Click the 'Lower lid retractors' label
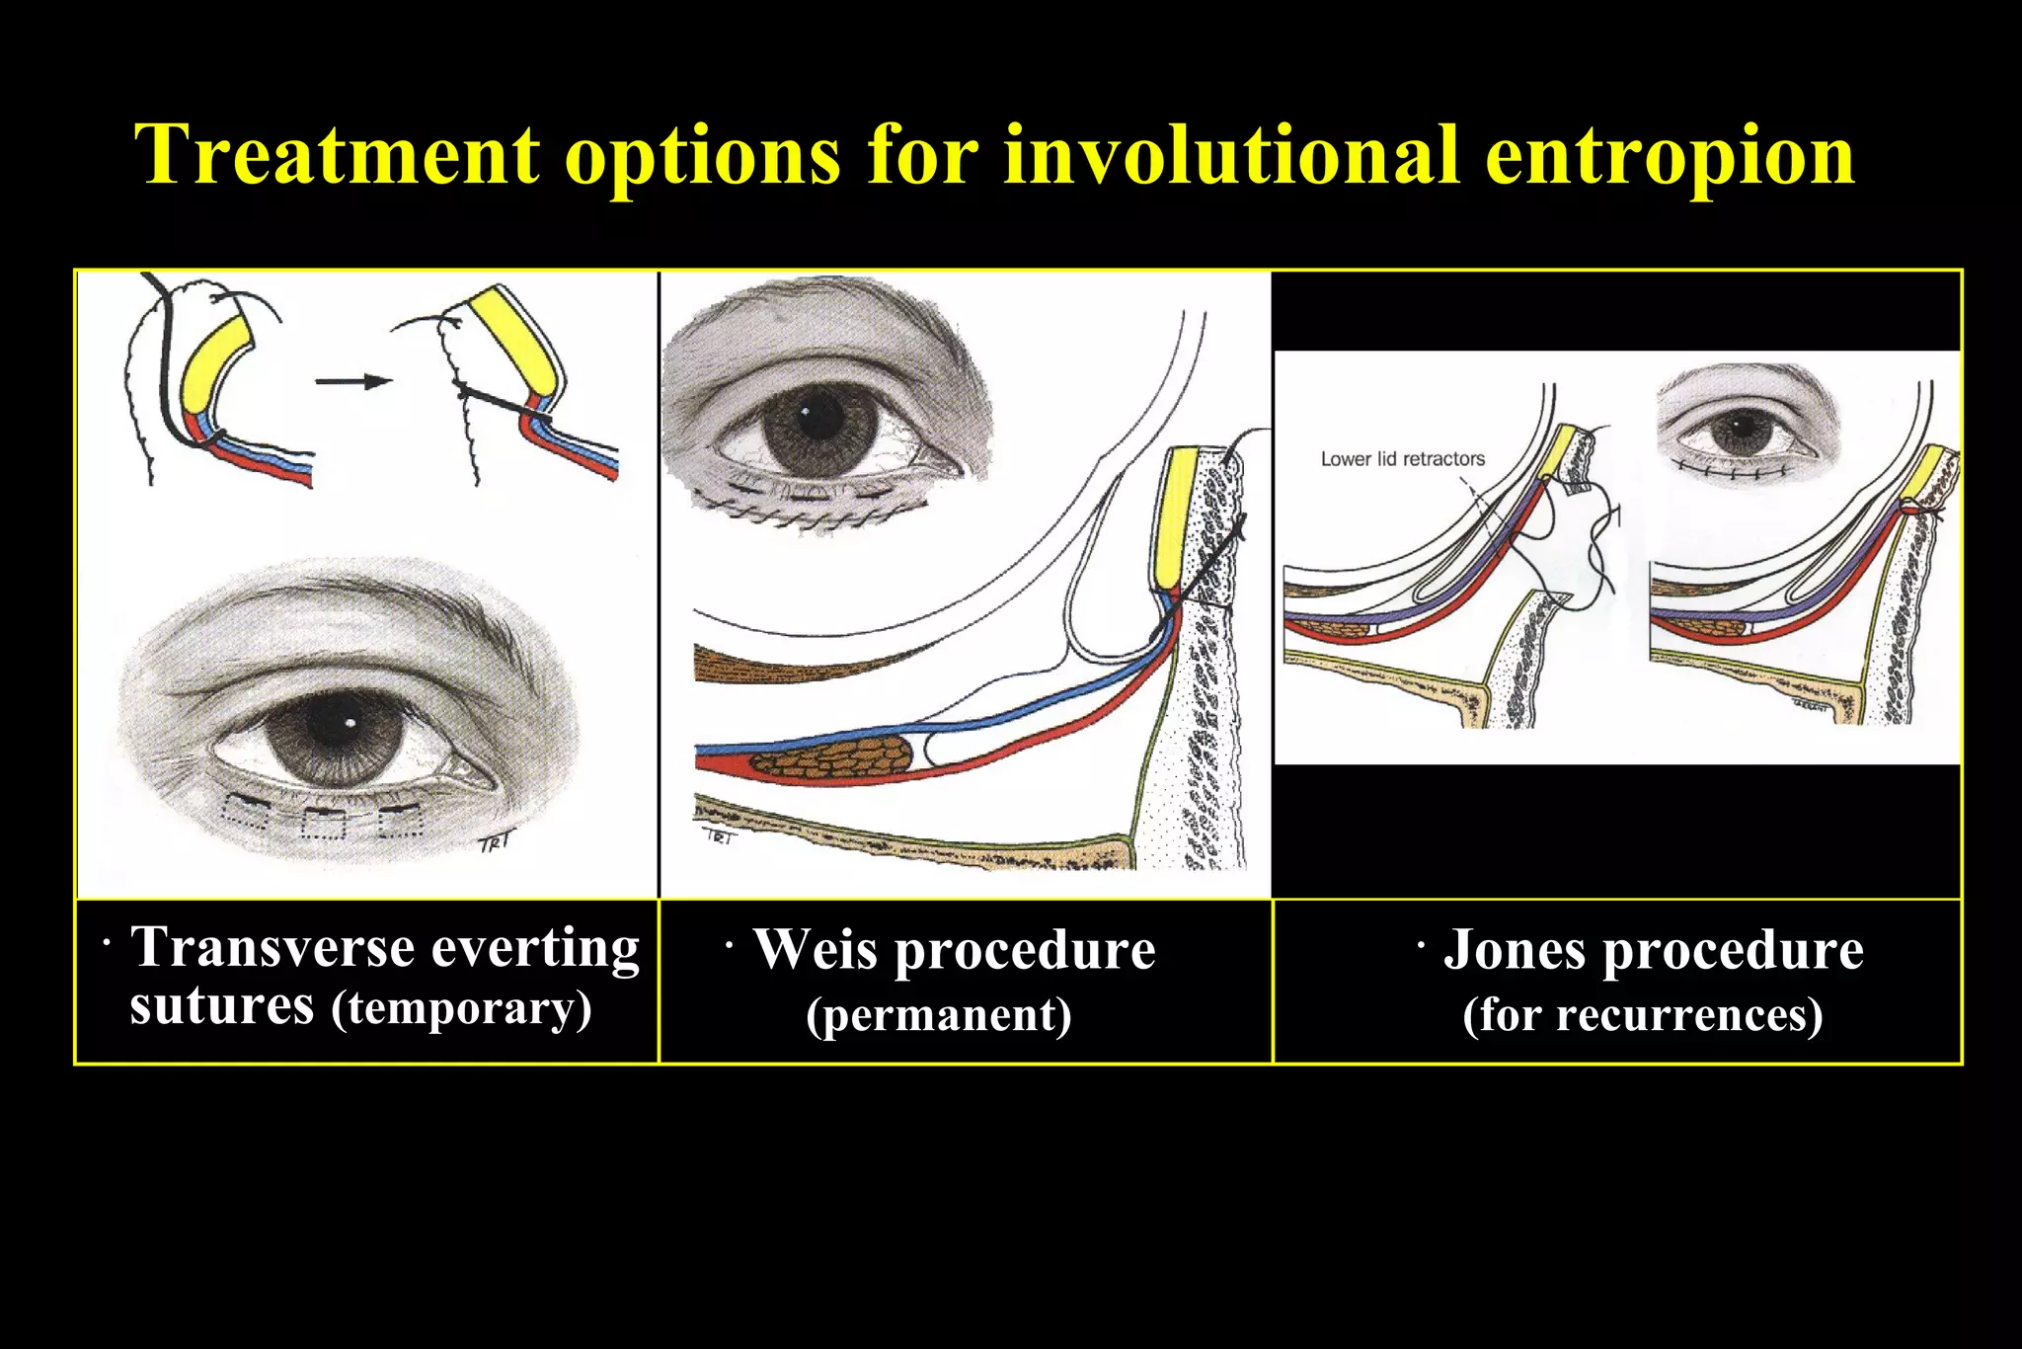1402,459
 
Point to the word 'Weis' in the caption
815,950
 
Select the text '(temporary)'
461,1009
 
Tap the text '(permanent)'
938,1015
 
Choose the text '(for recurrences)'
1642,1015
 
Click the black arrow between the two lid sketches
353,381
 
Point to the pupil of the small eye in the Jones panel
1740,428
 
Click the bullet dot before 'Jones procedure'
1421,946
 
